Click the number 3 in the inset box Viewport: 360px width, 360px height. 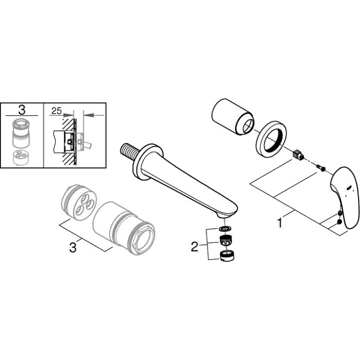point(22,110)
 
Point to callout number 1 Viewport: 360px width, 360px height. point(280,224)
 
